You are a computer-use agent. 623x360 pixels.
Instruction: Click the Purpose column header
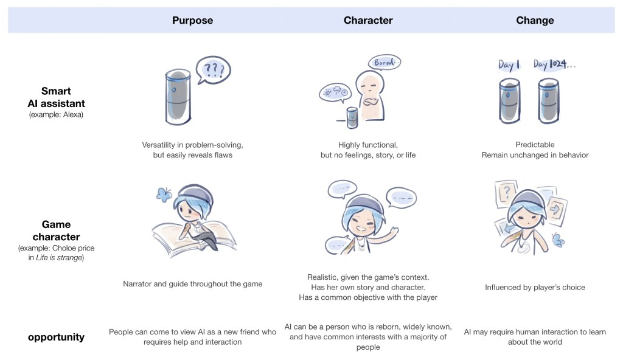[x=192, y=20]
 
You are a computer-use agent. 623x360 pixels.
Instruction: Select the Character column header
[x=368, y=20]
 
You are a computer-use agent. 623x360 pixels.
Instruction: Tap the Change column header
[x=535, y=20]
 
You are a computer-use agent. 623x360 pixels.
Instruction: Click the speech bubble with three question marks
[x=214, y=70]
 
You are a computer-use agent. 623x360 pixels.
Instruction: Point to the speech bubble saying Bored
[x=385, y=63]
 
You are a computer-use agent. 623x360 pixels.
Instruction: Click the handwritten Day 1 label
[x=509, y=65]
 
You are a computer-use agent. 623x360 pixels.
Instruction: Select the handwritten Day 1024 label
[x=554, y=64]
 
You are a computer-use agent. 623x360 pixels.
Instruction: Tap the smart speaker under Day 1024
[x=548, y=101]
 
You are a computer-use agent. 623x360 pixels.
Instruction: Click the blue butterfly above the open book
[x=163, y=194]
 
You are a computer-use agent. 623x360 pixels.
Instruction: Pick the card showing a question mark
[x=506, y=193]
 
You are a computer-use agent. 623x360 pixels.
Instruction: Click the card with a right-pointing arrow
[x=556, y=209]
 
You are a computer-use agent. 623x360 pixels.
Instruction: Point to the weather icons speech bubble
[x=335, y=93]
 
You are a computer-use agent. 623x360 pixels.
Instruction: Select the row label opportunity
[x=56, y=337]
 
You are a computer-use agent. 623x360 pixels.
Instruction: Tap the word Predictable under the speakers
[x=535, y=145]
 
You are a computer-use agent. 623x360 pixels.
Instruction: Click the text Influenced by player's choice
[x=535, y=287]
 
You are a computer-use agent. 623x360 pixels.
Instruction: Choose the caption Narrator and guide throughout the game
[x=192, y=284]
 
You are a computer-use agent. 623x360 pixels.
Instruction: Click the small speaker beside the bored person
[x=352, y=117]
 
